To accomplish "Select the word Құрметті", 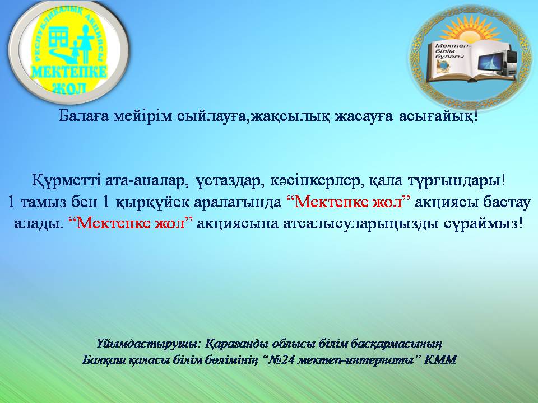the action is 65,181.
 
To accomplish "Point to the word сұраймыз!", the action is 484,224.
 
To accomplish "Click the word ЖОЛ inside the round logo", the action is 68,88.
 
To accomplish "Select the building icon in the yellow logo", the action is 58,38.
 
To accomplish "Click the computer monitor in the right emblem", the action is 491,63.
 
